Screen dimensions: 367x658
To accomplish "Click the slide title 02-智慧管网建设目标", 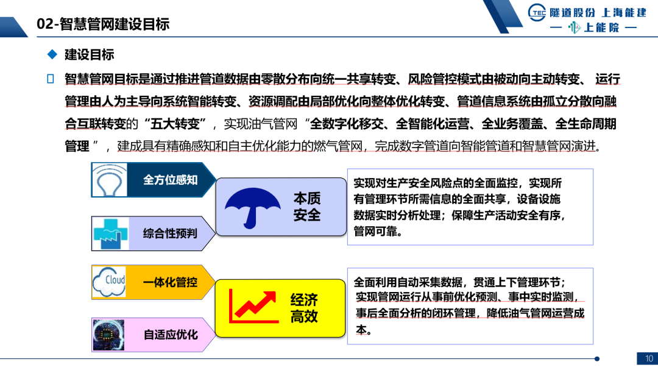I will (103, 24).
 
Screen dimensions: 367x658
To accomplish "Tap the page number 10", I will (648, 358).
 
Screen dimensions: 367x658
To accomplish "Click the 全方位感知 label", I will (170, 180).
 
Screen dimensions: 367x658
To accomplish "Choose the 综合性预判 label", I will (170, 233).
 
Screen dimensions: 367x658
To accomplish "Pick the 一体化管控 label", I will (170, 282).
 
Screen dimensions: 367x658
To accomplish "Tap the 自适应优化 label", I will (171, 335).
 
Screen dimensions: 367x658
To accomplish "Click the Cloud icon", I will (109, 282).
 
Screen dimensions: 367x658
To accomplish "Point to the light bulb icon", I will (110, 180).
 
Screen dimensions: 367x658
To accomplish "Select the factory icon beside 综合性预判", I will (110, 233).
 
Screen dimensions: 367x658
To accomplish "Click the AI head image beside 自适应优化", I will (109, 335).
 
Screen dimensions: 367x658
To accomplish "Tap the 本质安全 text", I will (306, 207).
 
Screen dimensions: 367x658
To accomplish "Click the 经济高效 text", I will (303, 308).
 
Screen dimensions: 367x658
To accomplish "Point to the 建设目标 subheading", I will (90, 55).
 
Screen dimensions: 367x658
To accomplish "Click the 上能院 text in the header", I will (601, 27).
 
